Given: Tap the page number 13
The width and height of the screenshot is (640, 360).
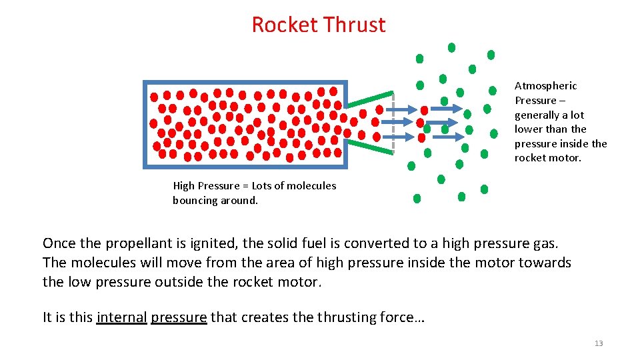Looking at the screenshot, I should (598, 343).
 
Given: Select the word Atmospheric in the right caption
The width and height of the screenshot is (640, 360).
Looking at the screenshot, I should (545, 86).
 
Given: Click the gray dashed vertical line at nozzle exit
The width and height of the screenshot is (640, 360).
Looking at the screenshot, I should (393, 123).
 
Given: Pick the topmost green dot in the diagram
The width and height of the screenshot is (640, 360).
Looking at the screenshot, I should (451, 47).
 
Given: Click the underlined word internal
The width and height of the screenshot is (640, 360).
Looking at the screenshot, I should (121, 317).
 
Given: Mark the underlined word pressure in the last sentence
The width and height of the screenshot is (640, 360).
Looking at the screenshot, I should (179, 317).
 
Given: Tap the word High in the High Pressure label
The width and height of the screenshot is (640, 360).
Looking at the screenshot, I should (184, 186).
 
